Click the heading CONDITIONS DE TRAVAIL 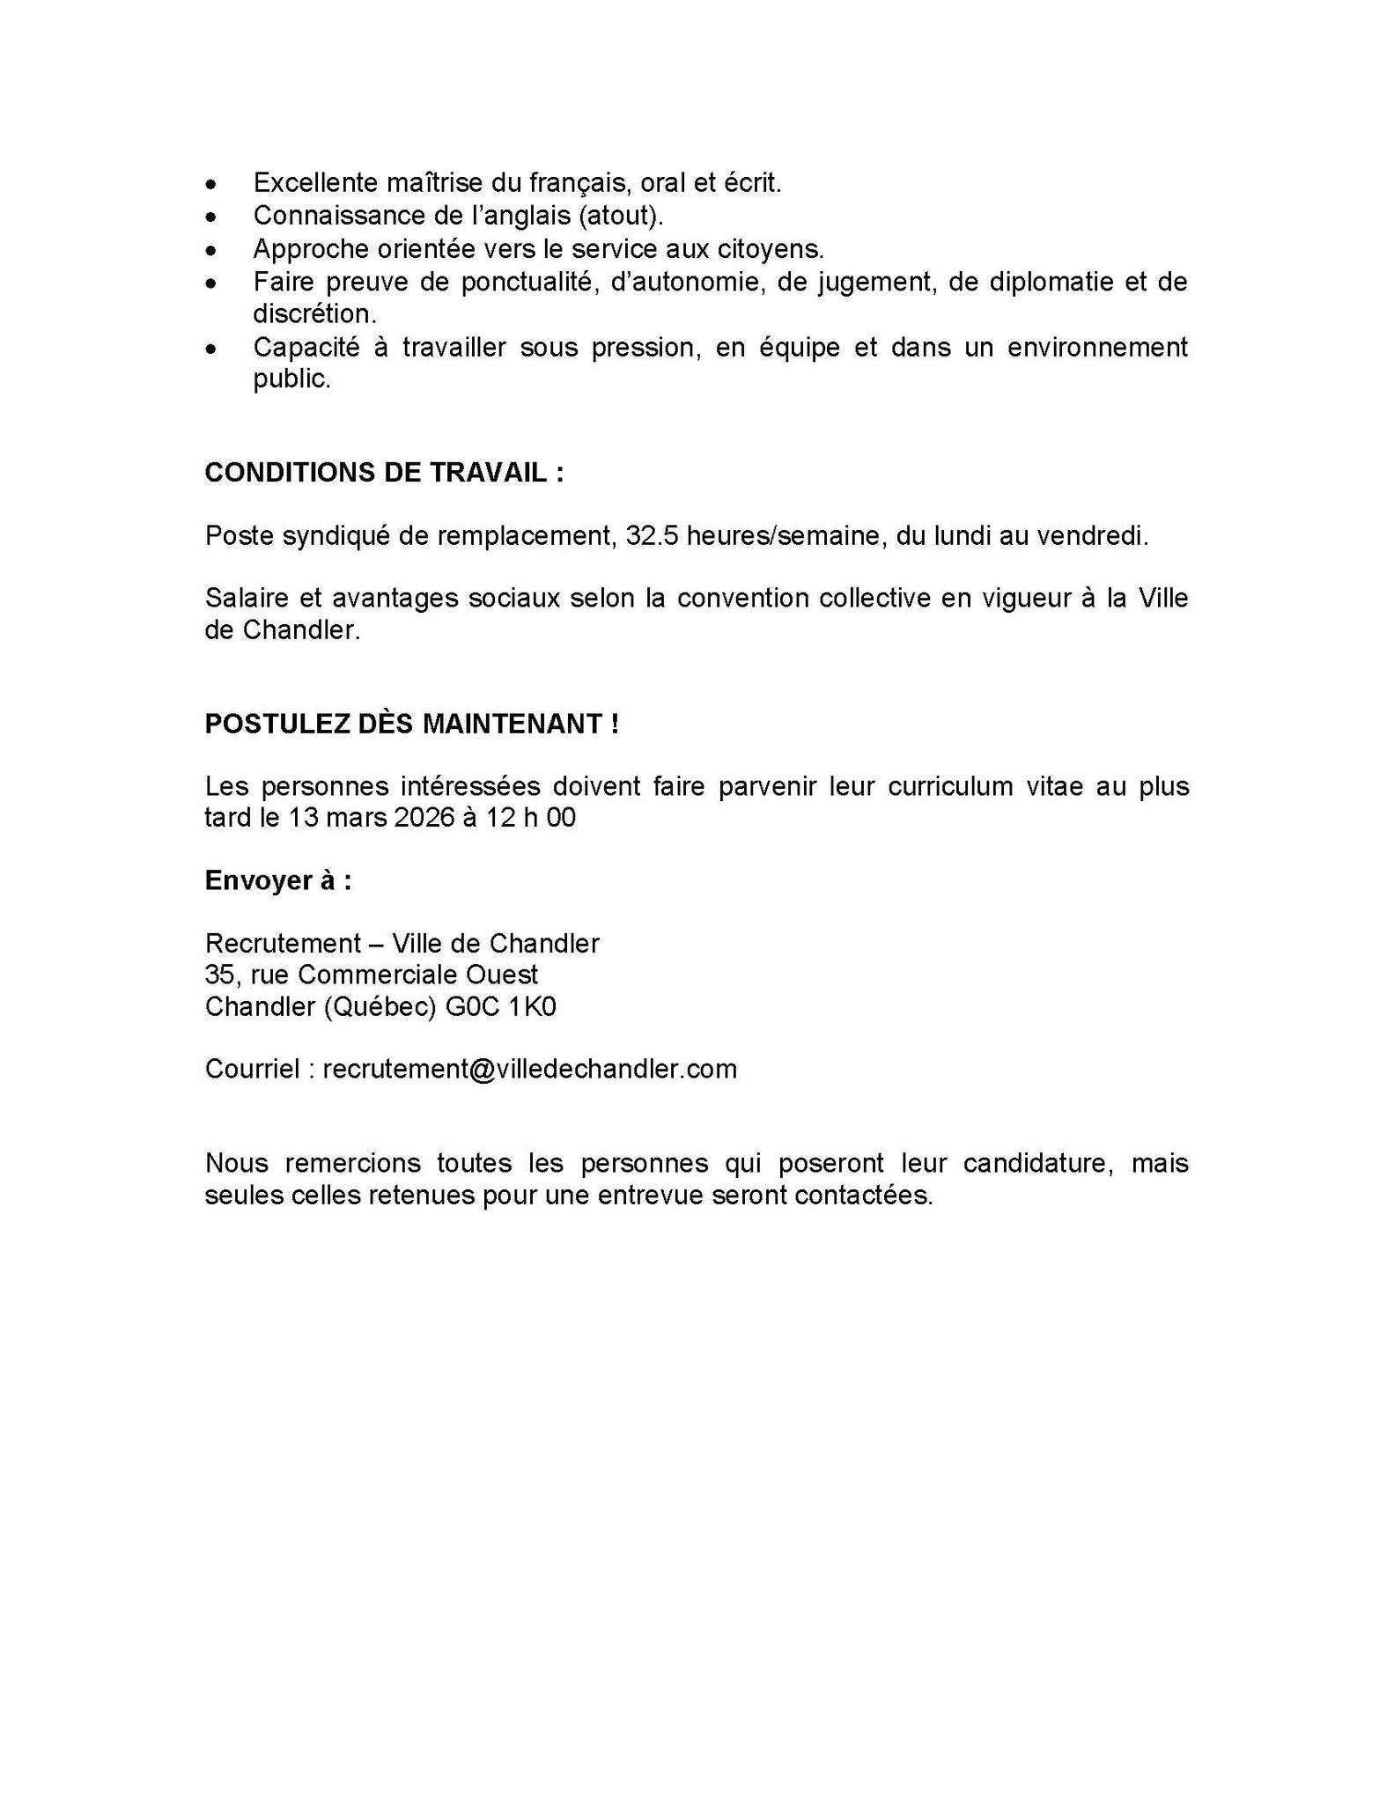384,473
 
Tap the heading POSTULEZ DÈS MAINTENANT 411,724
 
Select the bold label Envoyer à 278,880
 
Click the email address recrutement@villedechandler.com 529,1069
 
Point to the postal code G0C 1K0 501,1006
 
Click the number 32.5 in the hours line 653,535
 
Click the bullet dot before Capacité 210,349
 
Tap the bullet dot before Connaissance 210,217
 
